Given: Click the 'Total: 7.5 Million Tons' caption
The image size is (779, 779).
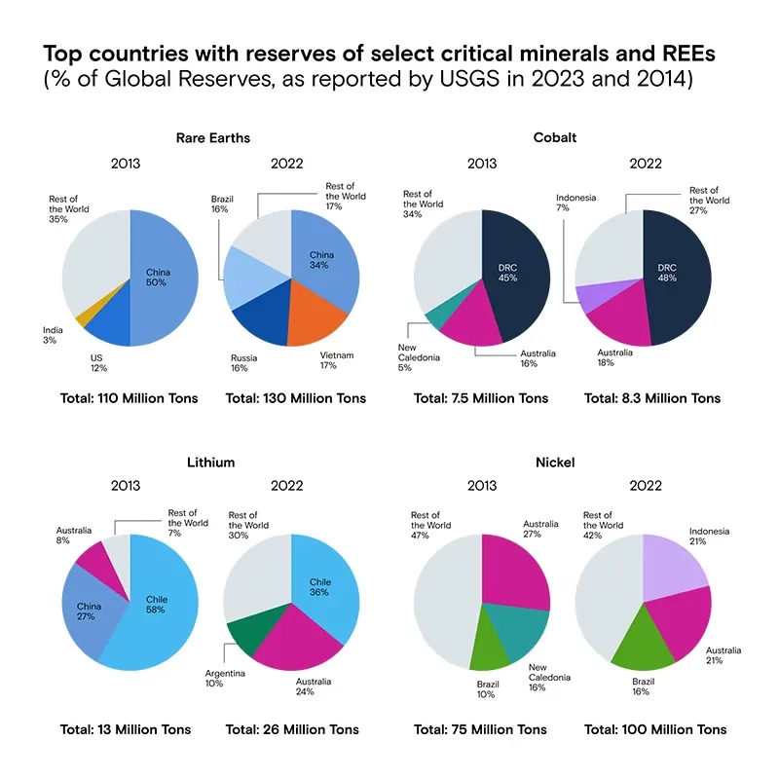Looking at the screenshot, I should click(x=480, y=398).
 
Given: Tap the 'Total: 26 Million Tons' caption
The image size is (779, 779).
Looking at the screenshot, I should click(x=292, y=729).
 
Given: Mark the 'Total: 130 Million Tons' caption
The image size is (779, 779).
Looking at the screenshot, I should click(x=295, y=398).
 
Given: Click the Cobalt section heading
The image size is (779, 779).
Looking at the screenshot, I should click(x=556, y=137).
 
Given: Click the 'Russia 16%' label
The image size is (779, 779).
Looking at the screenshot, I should click(x=244, y=363).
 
